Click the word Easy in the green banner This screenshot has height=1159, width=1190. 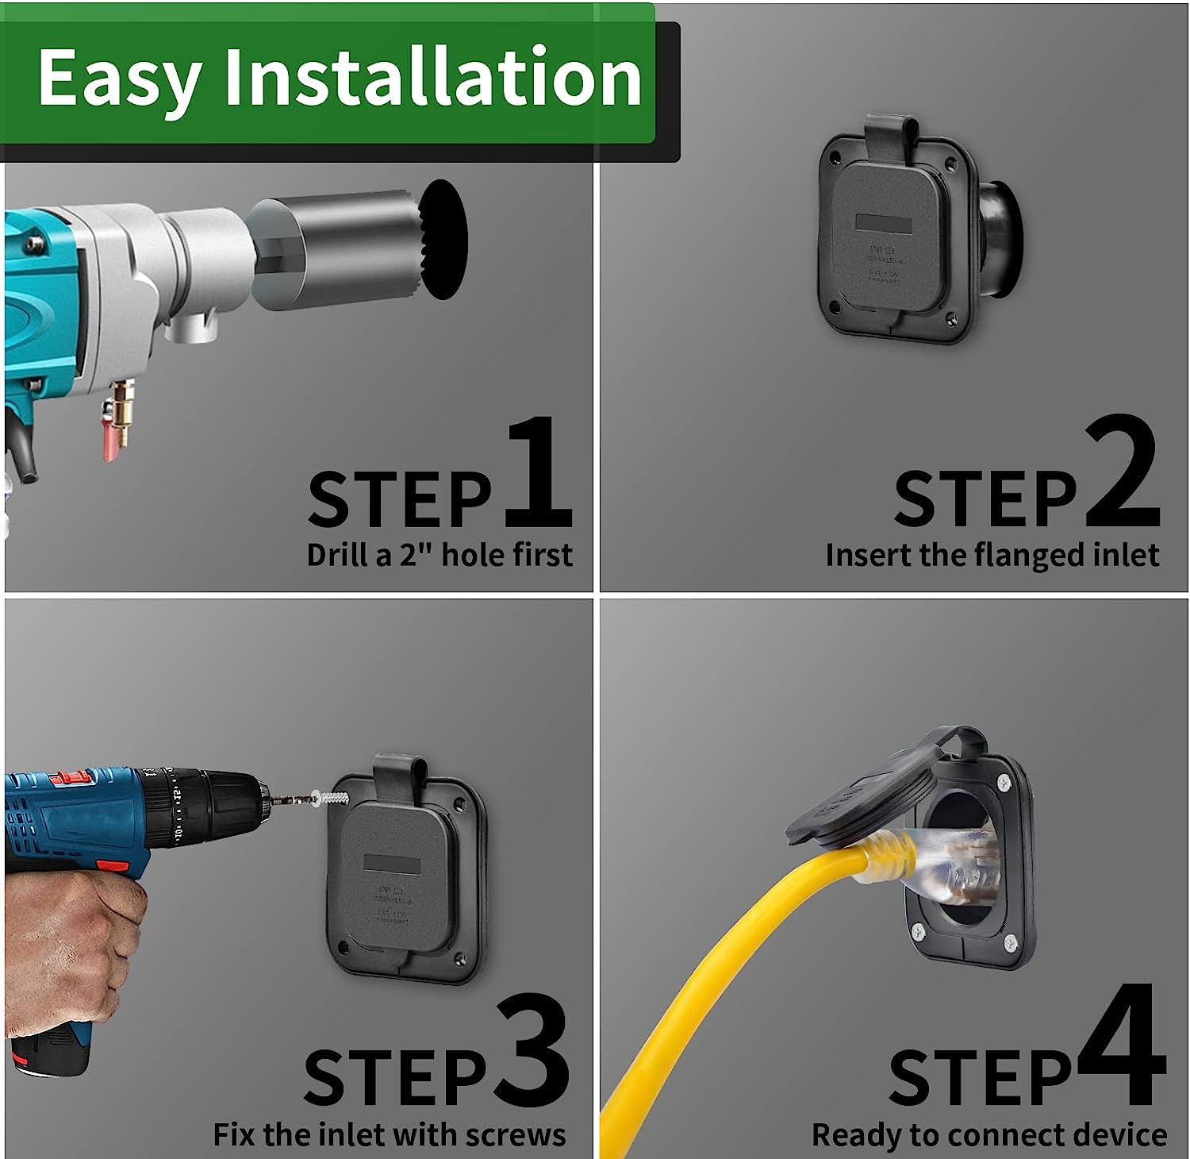(119, 78)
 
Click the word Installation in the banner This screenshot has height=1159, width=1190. (433, 76)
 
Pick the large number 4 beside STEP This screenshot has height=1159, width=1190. (1120, 1046)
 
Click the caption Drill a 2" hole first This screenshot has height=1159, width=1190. (439, 555)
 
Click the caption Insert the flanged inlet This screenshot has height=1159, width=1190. (992, 555)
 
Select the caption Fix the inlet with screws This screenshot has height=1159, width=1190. (389, 1134)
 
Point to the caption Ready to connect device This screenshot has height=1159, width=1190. (988, 1134)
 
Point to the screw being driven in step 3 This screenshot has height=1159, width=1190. (332, 797)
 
